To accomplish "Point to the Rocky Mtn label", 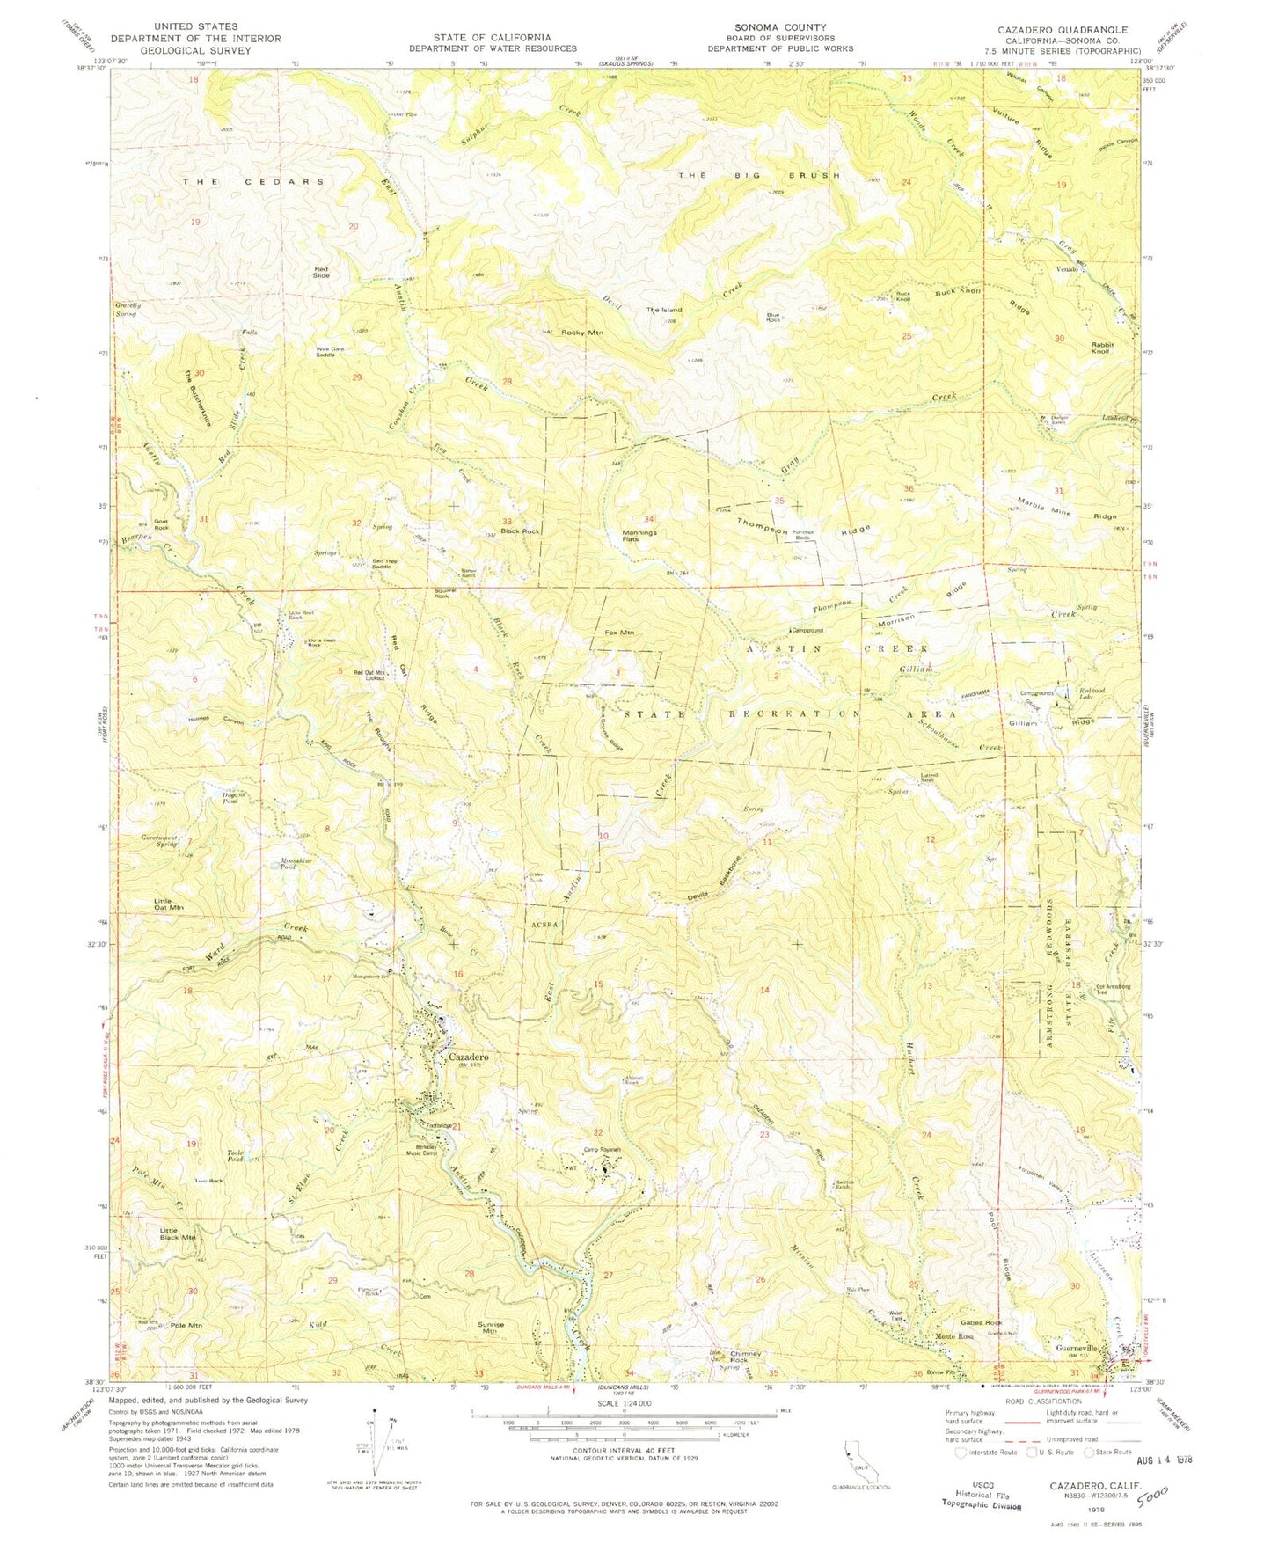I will tap(582, 333).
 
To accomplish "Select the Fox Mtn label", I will tap(619, 633).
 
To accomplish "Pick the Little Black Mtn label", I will tap(178, 1233).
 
